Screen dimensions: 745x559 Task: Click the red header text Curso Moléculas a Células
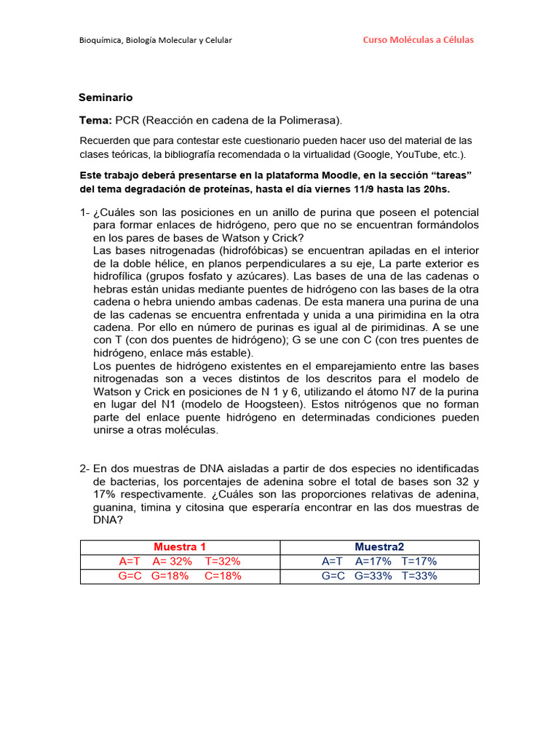pyautogui.click(x=418, y=39)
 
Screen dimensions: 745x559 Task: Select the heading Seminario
pyautogui.click(x=106, y=97)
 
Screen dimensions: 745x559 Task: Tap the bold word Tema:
pyautogui.click(x=95, y=120)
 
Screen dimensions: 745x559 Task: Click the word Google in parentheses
pyautogui.click(x=376, y=154)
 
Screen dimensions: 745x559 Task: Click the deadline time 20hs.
pyautogui.click(x=435, y=189)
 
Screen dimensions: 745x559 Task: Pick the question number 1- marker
pyautogui.click(x=84, y=212)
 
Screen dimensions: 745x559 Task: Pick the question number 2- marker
pyautogui.click(x=84, y=468)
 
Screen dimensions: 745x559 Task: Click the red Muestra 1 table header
pyautogui.click(x=180, y=546)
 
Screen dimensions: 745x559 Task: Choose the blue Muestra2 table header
pyautogui.click(x=379, y=546)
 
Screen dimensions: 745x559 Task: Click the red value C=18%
pyautogui.click(x=223, y=575)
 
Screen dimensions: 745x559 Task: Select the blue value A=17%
pyautogui.click(x=373, y=561)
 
